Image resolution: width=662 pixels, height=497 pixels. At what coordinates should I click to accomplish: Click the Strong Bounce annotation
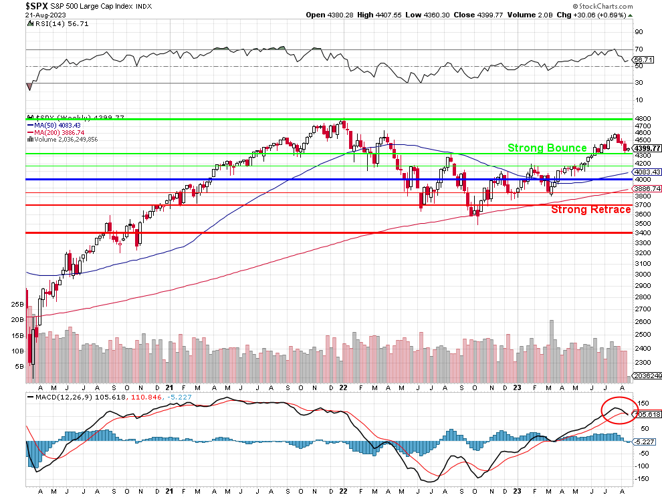tap(547, 148)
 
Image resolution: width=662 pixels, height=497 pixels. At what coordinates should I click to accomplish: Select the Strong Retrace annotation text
tap(590, 210)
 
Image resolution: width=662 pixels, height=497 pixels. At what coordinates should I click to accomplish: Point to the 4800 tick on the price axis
tap(642, 119)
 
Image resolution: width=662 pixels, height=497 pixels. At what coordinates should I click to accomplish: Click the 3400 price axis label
tap(642, 233)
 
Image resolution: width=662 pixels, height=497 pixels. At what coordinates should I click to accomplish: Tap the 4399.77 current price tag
tap(647, 148)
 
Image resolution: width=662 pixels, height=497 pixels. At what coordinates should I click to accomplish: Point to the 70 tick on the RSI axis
tap(639, 49)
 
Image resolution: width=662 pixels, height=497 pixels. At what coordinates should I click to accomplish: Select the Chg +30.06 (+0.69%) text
tap(595, 14)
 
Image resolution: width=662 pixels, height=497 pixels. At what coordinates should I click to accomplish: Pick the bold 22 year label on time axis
tap(342, 386)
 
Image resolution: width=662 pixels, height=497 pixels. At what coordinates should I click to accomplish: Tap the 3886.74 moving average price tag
tap(647, 189)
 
